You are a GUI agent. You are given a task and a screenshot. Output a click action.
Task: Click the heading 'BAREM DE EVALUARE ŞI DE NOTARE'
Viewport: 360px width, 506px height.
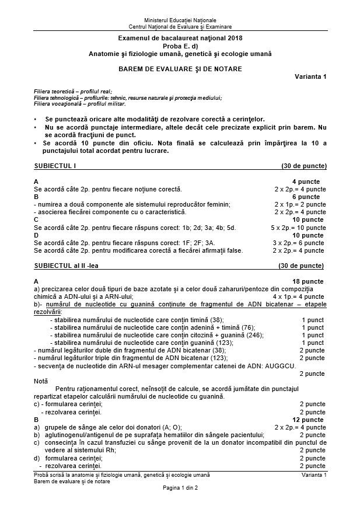click(x=180, y=69)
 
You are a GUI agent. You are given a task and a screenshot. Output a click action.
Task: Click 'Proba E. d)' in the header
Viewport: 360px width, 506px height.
click(x=180, y=46)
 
